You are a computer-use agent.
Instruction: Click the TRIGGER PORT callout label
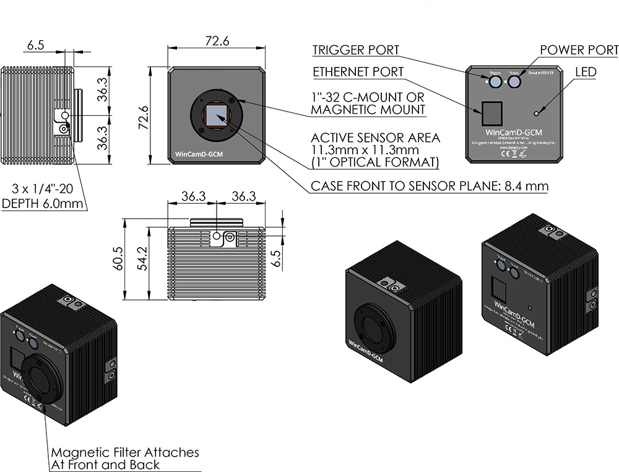(x=355, y=50)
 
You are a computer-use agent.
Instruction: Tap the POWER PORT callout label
(x=579, y=50)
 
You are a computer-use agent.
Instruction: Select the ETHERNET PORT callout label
(x=358, y=72)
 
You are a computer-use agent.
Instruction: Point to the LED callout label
(x=586, y=72)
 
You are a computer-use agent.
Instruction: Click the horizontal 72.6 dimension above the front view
(x=217, y=42)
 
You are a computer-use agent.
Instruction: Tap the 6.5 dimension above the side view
(x=36, y=45)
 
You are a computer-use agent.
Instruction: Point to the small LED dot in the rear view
(x=537, y=113)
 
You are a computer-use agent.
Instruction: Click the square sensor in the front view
(x=217, y=116)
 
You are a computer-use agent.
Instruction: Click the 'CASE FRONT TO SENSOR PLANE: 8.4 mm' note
(x=429, y=186)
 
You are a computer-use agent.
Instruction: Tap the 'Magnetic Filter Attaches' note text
(x=125, y=452)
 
